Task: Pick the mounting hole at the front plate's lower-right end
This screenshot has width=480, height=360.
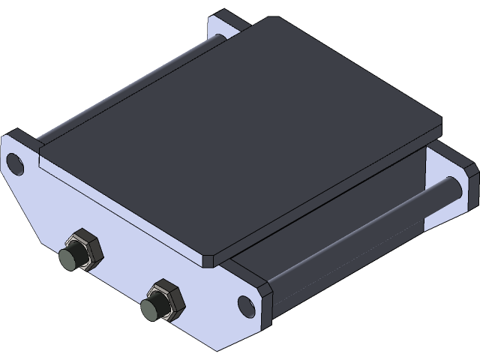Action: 245,304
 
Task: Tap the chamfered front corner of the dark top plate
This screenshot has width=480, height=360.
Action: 211,259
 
